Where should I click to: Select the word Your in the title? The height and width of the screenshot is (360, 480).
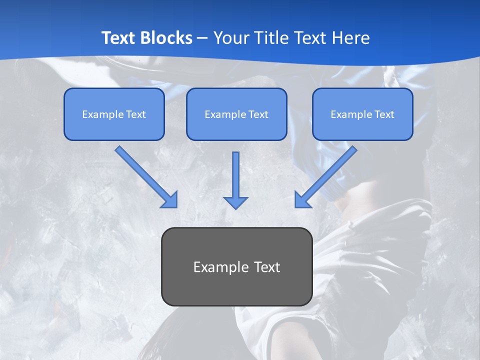(x=231, y=38)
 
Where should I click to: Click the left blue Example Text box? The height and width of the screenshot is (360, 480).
(x=114, y=114)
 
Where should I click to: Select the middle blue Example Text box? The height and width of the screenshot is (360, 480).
(x=236, y=114)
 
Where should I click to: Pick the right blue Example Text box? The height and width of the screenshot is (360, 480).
(x=362, y=114)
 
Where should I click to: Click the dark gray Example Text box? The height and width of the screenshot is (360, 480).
(x=236, y=267)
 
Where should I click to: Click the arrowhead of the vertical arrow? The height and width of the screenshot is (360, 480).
(x=235, y=202)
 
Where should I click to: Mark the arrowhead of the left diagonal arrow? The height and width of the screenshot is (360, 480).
(x=170, y=200)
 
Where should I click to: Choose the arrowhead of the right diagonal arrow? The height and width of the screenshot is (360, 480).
(x=302, y=200)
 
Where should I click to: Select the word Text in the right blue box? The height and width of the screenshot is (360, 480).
(x=384, y=114)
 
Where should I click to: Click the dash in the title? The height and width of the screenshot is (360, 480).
(x=202, y=38)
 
